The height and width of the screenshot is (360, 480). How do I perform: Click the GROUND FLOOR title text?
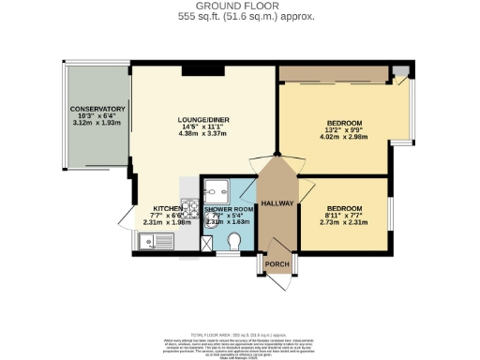[239, 6]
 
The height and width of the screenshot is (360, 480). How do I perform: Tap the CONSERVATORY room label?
[97, 110]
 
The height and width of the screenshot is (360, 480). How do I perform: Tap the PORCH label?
[278, 263]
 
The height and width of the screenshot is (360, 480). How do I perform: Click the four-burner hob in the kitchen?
[190, 208]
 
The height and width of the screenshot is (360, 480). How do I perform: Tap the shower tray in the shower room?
[216, 187]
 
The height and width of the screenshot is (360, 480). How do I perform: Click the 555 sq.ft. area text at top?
[239, 17]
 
